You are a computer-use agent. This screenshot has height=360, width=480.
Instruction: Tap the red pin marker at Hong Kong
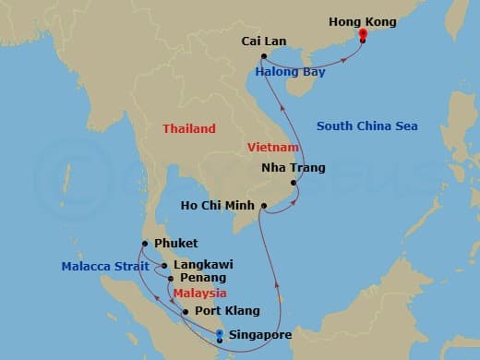tap(363, 35)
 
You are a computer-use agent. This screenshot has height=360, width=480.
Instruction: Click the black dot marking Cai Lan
tap(264, 56)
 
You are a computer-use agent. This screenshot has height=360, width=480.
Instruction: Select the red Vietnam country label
tap(273, 148)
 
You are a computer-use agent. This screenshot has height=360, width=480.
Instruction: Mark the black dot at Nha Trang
tap(294, 183)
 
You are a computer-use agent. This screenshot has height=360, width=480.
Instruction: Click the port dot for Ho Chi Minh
tap(263, 205)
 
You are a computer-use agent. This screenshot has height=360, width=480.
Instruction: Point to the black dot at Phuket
tap(145, 244)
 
